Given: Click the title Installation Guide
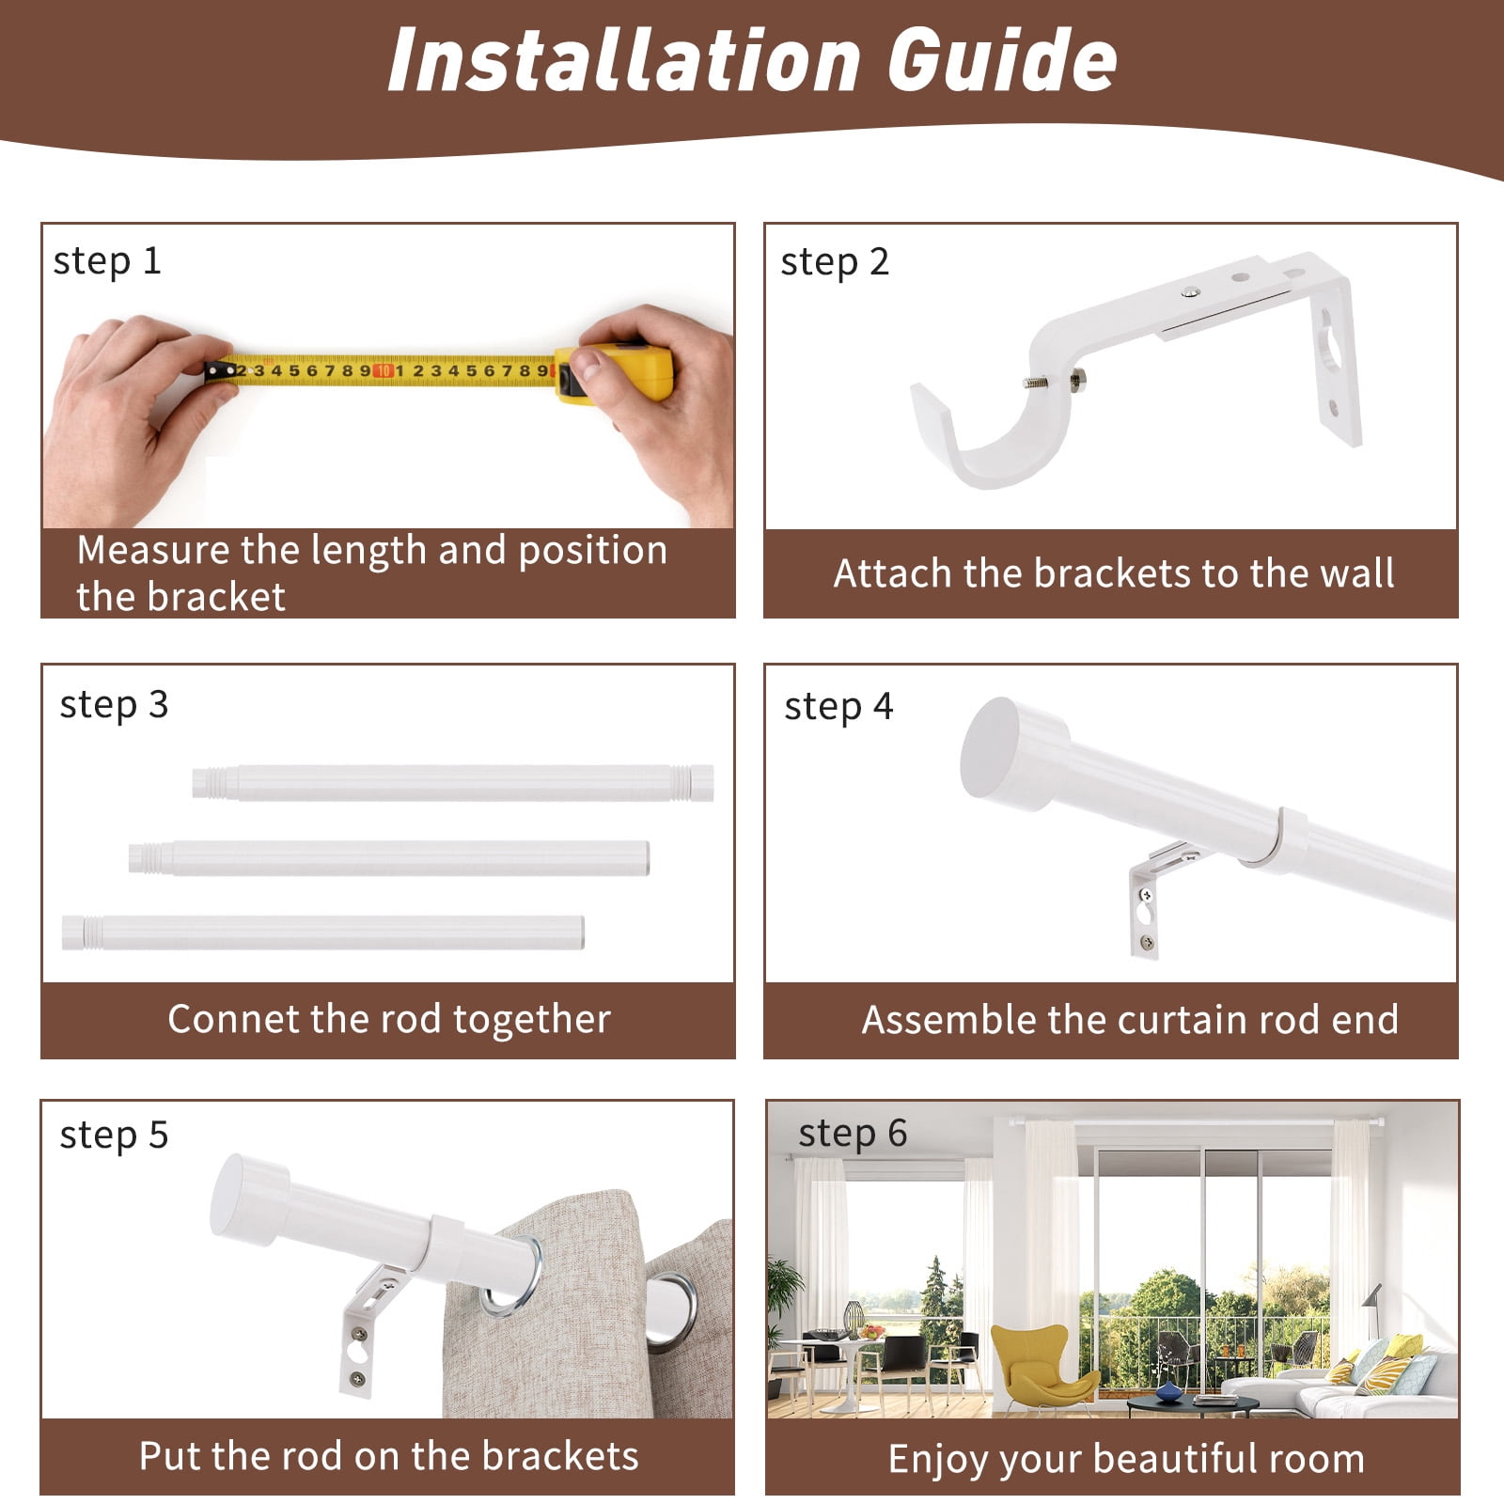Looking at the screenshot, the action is tap(752, 59).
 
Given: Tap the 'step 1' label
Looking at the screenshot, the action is tap(107, 261).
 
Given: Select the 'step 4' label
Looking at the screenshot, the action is tap(838, 707).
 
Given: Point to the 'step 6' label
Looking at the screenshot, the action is tap(853, 1134).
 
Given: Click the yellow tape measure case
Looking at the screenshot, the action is tap(615, 373).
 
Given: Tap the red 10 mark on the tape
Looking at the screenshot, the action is tap(383, 370).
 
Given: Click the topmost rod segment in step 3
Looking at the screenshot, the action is tap(453, 783).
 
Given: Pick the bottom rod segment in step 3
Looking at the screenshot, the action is tap(323, 932).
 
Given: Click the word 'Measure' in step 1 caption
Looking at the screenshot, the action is tap(153, 551).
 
